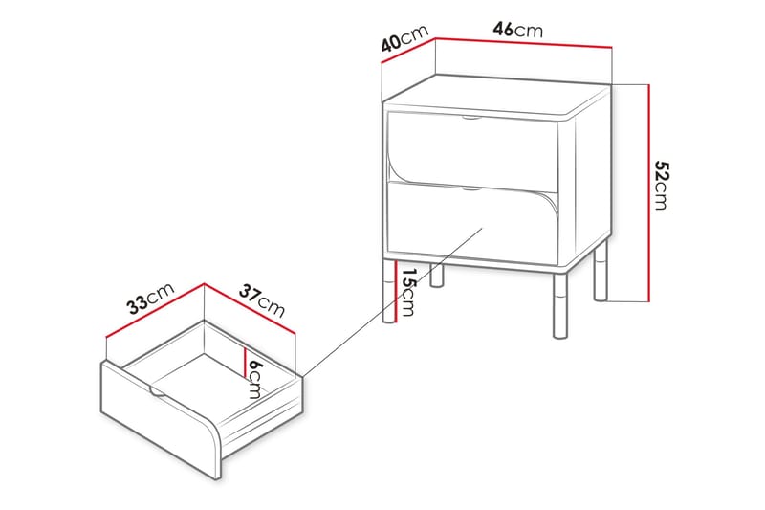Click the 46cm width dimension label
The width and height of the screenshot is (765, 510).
[517, 31]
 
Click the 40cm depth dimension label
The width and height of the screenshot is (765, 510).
[402, 43]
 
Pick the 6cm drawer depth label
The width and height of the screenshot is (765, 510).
[254, 381]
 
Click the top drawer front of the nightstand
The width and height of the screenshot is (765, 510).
[473, 148]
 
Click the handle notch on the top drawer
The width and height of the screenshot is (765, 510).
[472, 119]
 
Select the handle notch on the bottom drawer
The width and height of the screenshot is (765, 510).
[471, 189]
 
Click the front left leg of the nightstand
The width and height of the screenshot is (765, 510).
[389, 291]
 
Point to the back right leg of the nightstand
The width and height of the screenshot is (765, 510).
[601, 278]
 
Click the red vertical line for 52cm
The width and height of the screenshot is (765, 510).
[649, 191]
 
